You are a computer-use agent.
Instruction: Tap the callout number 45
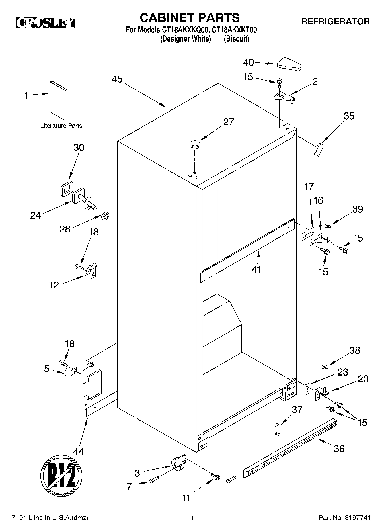[117, 79]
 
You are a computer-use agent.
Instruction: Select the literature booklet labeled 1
[59, 100]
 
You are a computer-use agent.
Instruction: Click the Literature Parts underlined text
[61, 126]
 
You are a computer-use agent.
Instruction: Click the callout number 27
[229, 122]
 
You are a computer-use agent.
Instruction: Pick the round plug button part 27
[194, 144]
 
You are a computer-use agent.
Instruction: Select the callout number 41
[256, 270]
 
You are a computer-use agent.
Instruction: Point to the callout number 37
[297, 409]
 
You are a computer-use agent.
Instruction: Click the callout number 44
[78, 452]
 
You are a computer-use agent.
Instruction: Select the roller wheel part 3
[178, 463]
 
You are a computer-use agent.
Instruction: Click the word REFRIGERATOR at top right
[335, 21]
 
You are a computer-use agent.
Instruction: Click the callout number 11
[186, 498]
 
